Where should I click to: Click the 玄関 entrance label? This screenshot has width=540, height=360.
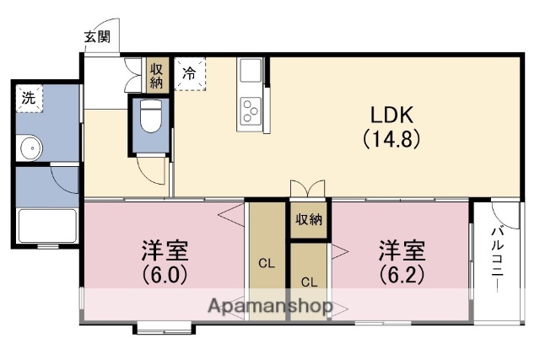coord(97,36)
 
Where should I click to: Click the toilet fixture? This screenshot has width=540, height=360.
coord(150,118)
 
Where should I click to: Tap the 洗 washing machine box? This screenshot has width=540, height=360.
coord(29,97)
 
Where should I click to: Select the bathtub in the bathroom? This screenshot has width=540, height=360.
coord(46,225)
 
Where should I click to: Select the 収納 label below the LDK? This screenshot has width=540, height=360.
coord(309,219)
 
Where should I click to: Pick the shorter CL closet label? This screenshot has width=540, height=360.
coord(309,282)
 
